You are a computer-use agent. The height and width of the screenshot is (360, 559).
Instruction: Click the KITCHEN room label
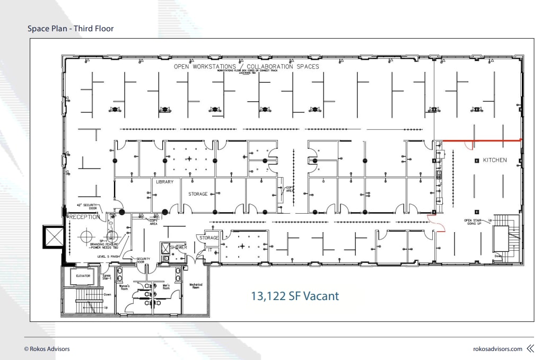click(494, 160)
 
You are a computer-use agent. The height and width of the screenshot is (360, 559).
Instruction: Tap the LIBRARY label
click(164, 182)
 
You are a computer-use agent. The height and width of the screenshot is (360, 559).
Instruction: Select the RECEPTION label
click(84, 217)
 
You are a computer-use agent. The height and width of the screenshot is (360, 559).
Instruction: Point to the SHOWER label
click(178, 247)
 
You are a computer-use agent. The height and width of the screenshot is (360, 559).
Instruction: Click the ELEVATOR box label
click(83, 276)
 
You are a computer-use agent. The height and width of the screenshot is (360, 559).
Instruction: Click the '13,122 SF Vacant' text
click(294, 296)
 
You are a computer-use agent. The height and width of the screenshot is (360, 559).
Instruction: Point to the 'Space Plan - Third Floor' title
click(71, 28)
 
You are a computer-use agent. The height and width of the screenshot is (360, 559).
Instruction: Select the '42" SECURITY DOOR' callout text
click(85, 207)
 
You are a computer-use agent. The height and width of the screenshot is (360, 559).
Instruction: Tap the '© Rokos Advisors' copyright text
click(47, 349)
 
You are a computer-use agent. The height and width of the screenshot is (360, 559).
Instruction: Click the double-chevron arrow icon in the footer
click(530, 349)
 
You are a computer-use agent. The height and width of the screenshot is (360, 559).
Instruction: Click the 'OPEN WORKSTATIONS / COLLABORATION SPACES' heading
click(247, 66)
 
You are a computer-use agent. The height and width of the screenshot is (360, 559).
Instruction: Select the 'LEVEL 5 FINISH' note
click(109, 256)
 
